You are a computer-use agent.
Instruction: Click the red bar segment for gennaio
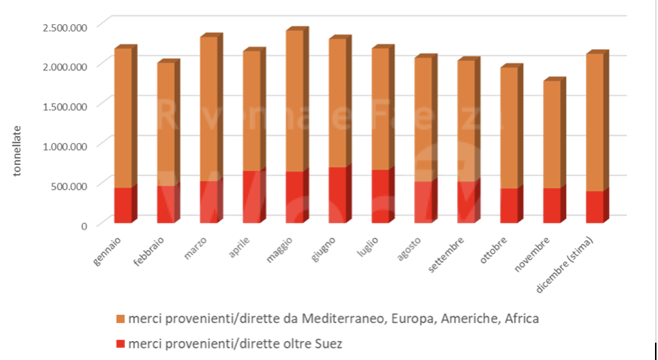coord(123,205)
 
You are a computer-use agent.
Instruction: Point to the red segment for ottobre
coord(508,205)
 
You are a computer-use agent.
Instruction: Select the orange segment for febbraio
coord(166,124)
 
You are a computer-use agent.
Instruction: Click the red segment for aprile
coord(251,197)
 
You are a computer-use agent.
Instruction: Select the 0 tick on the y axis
coord(84,224)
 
